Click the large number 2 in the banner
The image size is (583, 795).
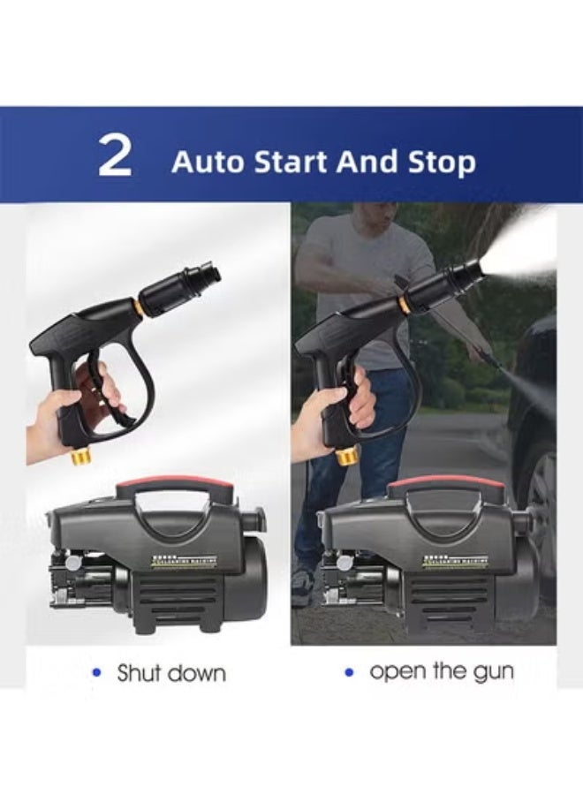(114, 155)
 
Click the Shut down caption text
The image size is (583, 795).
(171, 673)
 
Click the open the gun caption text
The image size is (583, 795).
(442, 671)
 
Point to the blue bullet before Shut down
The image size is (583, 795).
(97, 673)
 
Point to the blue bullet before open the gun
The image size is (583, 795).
(349, 672)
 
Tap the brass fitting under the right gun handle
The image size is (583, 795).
(345, 456)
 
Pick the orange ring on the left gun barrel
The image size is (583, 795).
(139, 307)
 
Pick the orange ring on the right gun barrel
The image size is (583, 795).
(404, 306)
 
